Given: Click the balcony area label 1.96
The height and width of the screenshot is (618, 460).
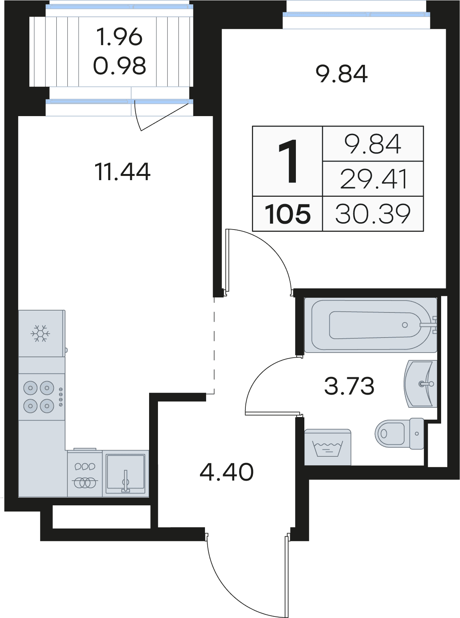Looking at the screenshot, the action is [119, 37].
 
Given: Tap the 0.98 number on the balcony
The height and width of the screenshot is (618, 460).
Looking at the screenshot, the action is [119, 66].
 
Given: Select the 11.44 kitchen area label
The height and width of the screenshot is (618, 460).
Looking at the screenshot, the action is [122, 172].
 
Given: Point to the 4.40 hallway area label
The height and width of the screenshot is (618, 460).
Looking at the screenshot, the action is [227, 472].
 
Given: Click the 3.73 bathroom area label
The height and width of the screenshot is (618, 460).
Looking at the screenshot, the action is [349, 386].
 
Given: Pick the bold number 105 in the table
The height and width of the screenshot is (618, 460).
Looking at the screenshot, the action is [288, 214].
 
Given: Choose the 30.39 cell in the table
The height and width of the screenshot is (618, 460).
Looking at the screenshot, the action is [373, 214].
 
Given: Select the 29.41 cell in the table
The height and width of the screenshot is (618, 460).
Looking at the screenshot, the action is [373, 179].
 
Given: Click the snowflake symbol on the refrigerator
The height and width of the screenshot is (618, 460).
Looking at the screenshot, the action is [40, 334].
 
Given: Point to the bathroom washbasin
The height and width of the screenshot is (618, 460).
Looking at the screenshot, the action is [420, 383].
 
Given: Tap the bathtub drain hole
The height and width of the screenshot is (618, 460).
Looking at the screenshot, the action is [405, 325].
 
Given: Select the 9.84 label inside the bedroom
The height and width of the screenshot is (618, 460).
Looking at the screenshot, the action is [341, 74].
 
